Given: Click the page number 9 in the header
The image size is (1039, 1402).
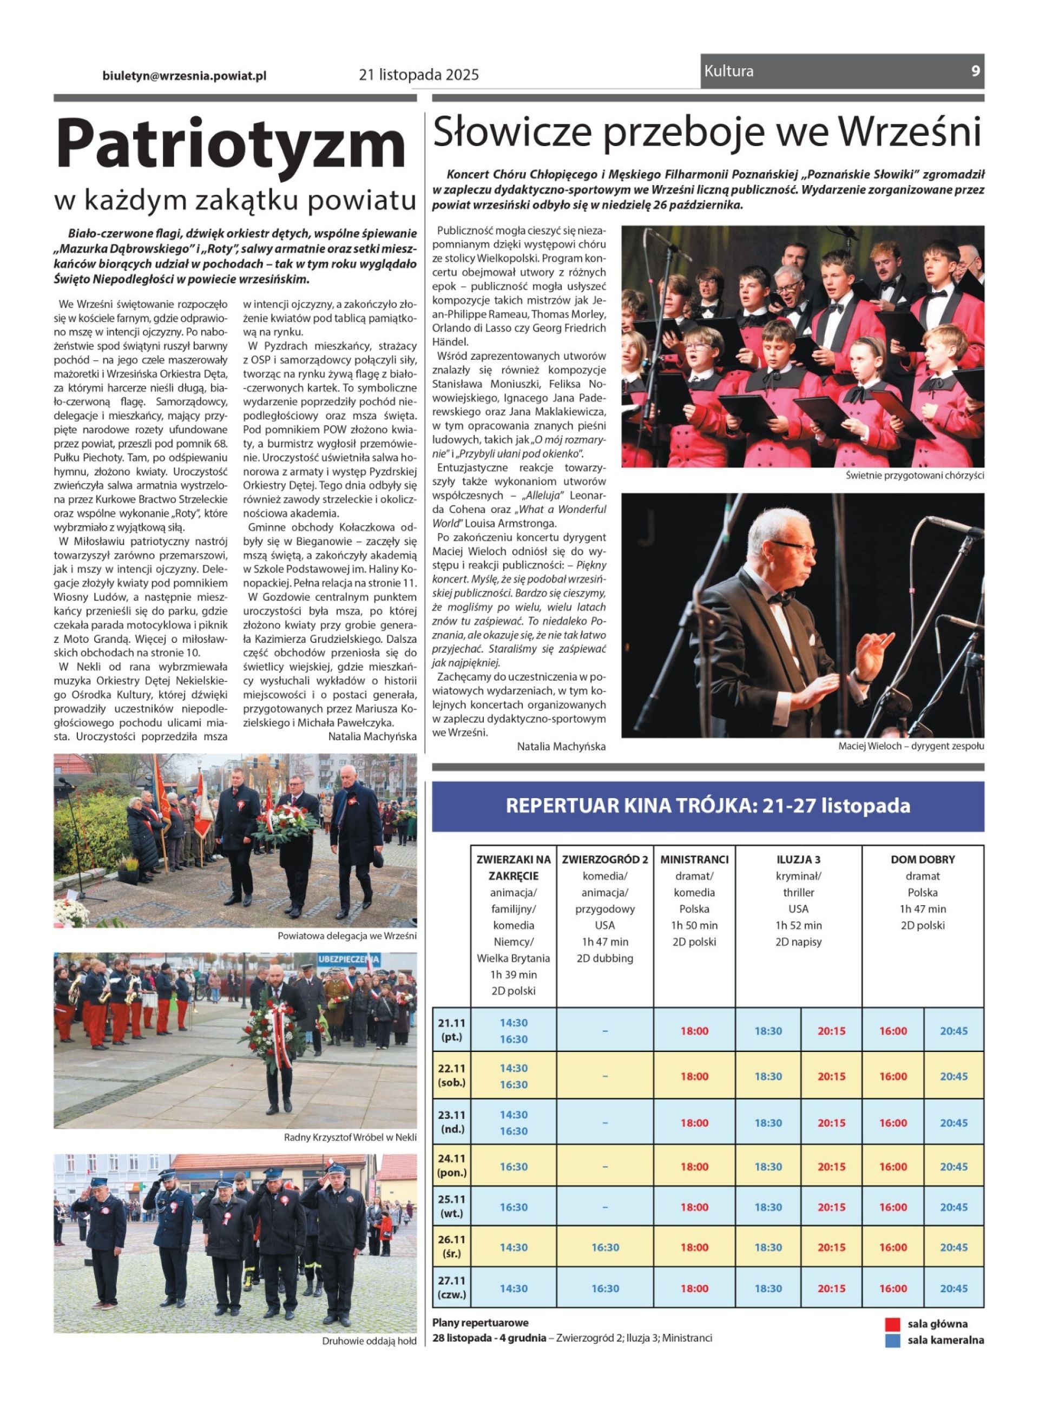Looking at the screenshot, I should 975,71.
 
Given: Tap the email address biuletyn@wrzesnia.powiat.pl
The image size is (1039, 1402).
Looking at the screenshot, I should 185,75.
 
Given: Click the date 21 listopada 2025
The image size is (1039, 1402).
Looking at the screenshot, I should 419,75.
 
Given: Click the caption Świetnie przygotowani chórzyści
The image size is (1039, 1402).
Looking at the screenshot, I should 915,476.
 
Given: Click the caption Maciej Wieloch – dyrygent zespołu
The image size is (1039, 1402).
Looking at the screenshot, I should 911,746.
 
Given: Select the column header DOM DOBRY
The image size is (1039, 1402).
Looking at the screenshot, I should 922,859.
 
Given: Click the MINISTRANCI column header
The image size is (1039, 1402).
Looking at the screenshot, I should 694,859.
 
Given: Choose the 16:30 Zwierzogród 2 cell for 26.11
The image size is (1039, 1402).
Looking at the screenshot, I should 605,1247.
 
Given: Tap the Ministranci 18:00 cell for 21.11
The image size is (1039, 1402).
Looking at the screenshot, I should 694,1031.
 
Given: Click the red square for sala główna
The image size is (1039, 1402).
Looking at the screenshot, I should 892,1324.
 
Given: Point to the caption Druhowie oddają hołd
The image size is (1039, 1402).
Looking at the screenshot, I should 369,1341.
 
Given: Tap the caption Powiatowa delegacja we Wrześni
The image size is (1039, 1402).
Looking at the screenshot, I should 346,936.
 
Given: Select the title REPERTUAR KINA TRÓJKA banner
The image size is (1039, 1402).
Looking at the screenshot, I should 708,806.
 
